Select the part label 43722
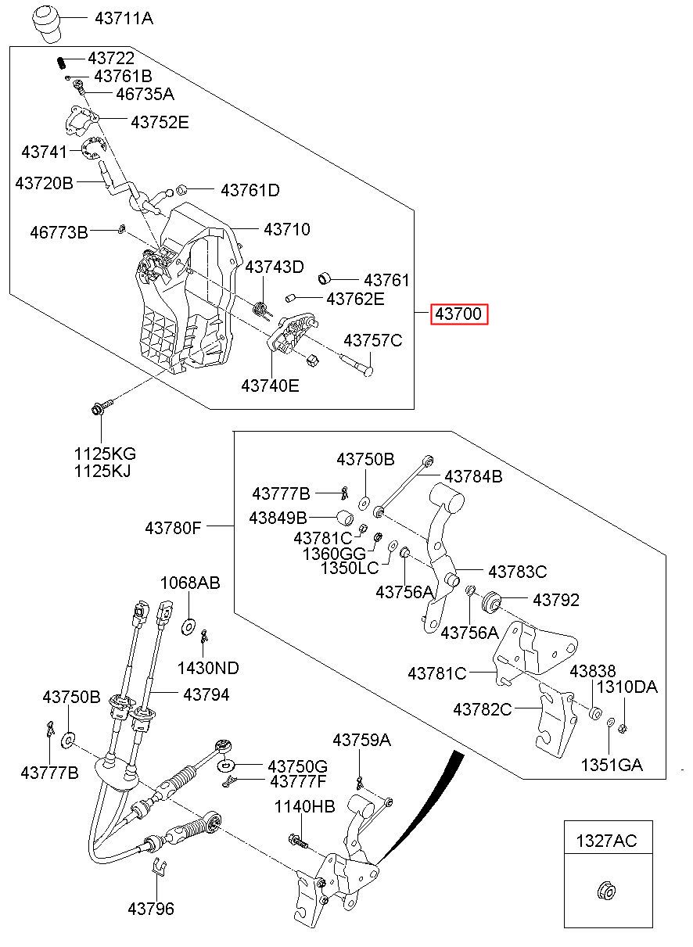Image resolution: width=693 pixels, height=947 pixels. [x=110, y=59]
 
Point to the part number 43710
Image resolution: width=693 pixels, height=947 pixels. [x=286, y=230]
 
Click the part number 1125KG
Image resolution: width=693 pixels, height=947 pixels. [x=105, y=454]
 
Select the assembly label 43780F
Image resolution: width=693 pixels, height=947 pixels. [x=173, y=528]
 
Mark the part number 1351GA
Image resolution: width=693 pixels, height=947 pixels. [x=611, y=765]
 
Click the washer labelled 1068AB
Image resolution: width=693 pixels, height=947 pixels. [x=189, y=626]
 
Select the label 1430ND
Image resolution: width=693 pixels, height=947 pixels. [x=208, y=668]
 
